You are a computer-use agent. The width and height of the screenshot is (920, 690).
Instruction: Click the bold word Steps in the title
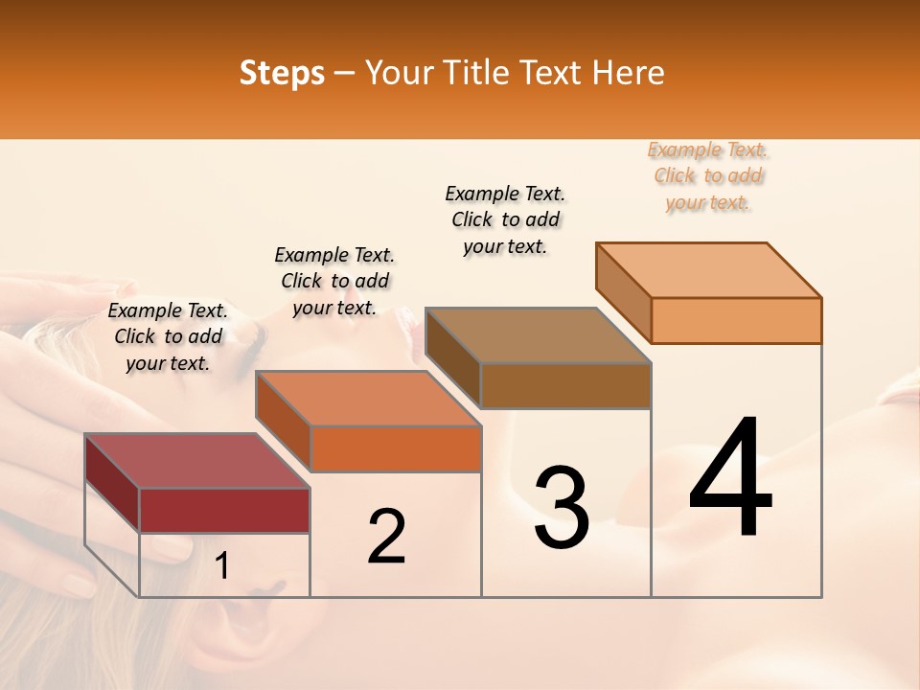282,73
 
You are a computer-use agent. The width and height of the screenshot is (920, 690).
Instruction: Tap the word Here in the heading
629,73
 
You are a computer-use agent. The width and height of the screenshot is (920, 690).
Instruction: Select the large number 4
730,479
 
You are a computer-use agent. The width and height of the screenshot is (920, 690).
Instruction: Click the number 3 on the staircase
562,508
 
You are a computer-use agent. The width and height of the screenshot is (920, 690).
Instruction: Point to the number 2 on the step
386,537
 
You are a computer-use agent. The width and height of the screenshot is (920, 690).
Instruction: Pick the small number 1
222,566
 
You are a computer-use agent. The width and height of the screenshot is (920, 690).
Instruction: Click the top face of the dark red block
196,461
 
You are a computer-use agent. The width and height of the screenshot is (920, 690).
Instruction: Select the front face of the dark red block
224,510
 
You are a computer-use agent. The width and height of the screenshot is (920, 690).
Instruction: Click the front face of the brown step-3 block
565,385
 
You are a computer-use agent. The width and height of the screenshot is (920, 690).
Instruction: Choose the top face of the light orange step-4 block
709,270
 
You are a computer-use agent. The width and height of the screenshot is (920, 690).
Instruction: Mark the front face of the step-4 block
736,320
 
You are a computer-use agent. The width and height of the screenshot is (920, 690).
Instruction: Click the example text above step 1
168,336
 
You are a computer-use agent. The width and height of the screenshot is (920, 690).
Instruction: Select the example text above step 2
334,281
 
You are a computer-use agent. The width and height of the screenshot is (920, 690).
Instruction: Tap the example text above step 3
505,219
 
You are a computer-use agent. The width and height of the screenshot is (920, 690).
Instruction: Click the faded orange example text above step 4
708,175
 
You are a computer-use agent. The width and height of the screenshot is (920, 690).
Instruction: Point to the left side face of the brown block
452,356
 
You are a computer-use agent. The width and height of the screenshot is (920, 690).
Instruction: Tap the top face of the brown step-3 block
538,336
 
